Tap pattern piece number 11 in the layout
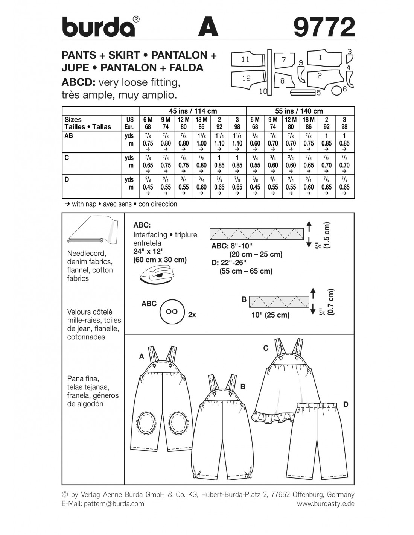246,59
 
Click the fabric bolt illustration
91,231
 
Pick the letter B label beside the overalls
243,386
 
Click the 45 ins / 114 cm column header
193,111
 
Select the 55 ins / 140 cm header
300,111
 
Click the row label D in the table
67,179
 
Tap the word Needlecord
87,254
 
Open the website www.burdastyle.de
326,503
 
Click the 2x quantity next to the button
192,315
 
